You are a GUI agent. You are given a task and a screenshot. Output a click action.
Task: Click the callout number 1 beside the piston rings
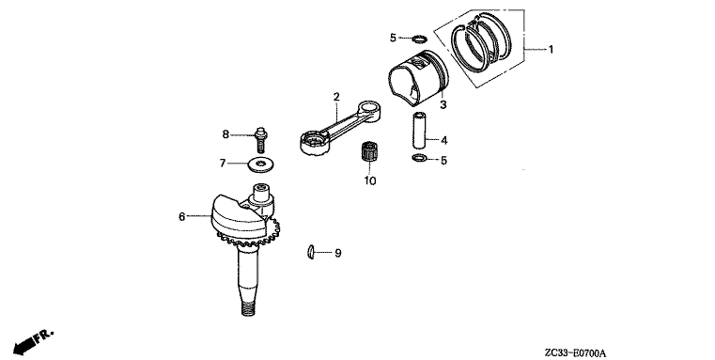[x=551, y=49]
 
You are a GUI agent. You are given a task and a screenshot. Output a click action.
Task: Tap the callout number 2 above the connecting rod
[x=336, y=97]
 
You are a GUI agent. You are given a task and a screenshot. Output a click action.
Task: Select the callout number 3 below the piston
[x=443, y=105]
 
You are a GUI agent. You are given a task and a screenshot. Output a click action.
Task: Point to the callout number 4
[x=444, y=140]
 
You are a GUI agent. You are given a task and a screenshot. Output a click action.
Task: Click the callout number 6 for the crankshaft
[x=182, y=217]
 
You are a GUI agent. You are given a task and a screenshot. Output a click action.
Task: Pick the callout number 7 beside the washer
[x=223, y=163]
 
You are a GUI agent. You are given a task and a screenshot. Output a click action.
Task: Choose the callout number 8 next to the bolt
[x=225, y=134]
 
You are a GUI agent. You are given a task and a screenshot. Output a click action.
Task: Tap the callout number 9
[x=338, y=253]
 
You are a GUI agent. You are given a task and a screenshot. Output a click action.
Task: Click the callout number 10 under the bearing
[x=370, y=180]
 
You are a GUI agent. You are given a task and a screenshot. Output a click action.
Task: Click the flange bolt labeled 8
[x=261, y=139]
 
